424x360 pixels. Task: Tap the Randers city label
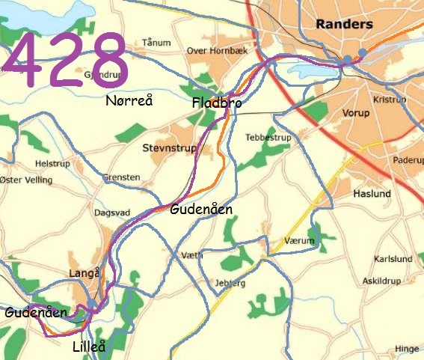344,24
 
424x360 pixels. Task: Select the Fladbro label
217,103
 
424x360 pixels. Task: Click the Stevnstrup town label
170,149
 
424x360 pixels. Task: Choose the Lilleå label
89,347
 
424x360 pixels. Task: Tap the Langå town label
83,274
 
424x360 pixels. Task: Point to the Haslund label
372,194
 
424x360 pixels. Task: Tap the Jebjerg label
230,284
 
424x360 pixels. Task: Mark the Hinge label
407,348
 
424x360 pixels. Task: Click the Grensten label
123,177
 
